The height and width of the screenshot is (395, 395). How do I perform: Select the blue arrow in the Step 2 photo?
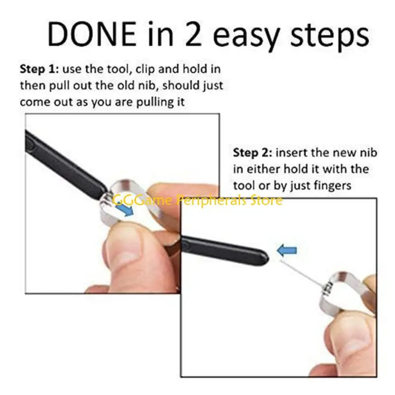click(287, 251)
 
